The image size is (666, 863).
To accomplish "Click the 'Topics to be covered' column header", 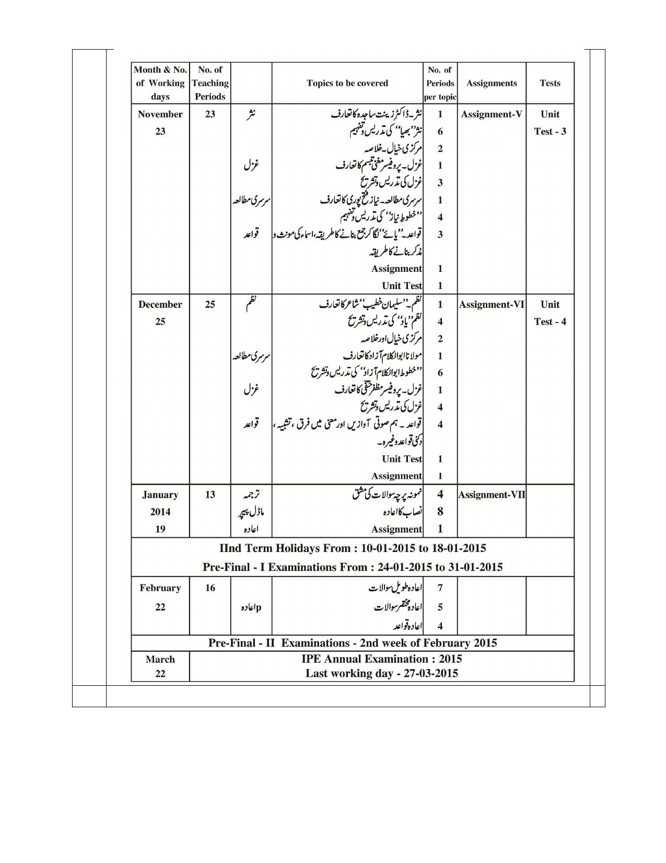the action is (x=347, y=83).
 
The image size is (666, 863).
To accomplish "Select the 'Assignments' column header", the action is (x=491, y=83).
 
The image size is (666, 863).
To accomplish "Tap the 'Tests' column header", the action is (x=550, y=83).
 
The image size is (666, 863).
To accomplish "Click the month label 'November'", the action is (x=160, y=114).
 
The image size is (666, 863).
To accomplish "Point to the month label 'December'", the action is (x=160, y=305).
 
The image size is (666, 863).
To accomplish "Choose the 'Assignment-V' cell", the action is (x=491, y=114).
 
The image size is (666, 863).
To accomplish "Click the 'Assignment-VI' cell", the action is (x=491, y=305).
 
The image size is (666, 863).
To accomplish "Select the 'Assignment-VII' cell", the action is (x=492, y=495).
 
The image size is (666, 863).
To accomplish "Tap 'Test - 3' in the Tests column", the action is (x=550, y=132).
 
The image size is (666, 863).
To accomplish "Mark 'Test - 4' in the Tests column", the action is (x=550, y=322).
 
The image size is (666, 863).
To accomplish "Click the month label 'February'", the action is (x=160, y=588).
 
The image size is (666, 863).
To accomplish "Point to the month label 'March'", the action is (x=160, y=660).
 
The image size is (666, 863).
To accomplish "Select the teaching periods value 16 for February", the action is (x=210, y=588).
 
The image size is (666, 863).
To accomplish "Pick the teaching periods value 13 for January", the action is (x=210, y=495).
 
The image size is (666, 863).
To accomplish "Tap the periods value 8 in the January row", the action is (x=440, y=512).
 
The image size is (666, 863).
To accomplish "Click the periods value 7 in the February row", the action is (x=440, y=588).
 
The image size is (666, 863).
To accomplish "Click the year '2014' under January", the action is (x=160, y=512).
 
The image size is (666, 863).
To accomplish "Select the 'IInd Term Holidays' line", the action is (x=353, y=548).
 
